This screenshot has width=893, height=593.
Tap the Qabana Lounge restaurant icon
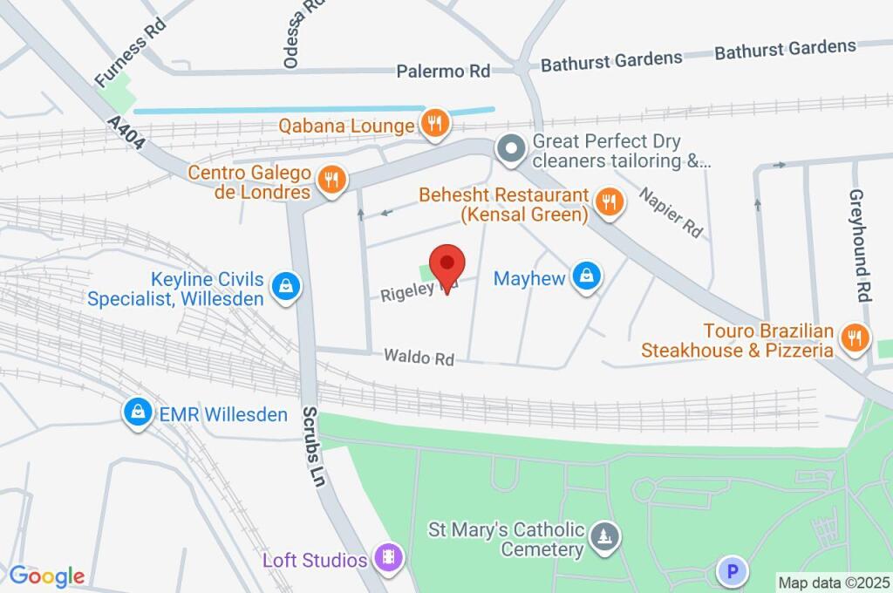434,124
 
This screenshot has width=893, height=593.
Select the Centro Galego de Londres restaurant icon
331,180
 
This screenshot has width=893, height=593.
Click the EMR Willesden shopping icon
138,413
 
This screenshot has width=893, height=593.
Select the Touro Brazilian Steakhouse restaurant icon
855,337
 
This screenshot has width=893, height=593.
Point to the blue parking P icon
732,572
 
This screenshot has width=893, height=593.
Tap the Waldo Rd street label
419,358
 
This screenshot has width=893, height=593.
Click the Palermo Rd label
443,72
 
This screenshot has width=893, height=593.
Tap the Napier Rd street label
671,213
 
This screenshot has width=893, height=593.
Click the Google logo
47,576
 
